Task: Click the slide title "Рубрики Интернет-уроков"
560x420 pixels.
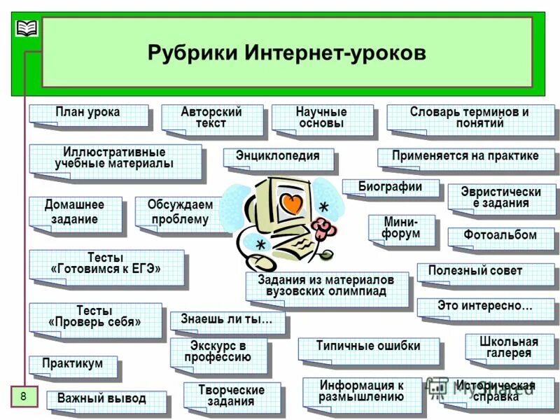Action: tap(286, 53)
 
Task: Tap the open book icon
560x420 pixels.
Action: tap(27, 28)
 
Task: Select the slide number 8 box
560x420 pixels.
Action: tap(23, 397)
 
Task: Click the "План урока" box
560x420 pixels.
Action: tap(88, 113)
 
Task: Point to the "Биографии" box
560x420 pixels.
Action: tap(390, 187)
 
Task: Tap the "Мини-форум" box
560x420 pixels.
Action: tap(401, 227)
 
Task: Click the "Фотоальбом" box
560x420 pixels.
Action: tap(500, 236)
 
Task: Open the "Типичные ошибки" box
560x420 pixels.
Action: tap(368, 346)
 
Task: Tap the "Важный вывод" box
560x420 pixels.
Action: tap(102, 399)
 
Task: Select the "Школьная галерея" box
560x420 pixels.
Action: tap(509, 347)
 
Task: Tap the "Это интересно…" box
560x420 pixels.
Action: tap(484, 306)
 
